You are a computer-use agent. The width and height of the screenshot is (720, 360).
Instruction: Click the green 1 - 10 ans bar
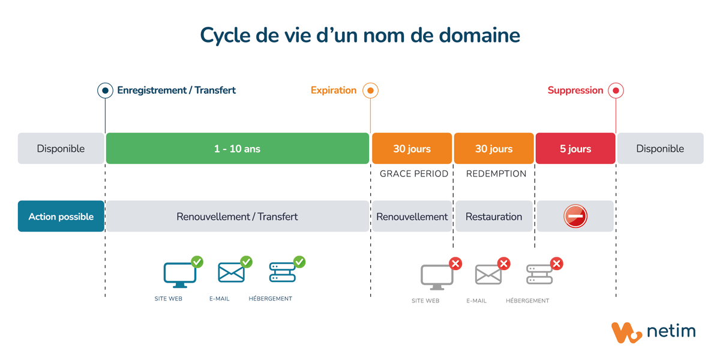[x=238, y=149]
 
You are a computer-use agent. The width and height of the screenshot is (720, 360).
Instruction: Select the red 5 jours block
[x=575, y=149]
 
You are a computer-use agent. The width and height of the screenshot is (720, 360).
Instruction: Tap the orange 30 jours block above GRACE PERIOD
[x=412, y=149]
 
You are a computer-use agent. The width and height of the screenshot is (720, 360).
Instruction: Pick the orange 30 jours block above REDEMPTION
[x=494, y=149]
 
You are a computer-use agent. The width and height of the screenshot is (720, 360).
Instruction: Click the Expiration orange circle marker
[x=370, y=91]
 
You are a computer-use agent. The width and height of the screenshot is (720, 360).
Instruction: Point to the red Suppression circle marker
[x=616, y=91]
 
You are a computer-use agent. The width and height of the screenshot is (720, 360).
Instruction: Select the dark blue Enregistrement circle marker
[x=105, y=91]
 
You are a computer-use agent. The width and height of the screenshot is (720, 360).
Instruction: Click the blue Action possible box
[x=61, y=217]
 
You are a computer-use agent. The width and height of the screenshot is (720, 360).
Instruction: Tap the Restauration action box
[x=494, y=217]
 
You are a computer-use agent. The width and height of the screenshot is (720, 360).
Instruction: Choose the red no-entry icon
[x=575, y=217]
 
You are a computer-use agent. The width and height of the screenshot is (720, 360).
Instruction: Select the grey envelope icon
[x=488, y=275]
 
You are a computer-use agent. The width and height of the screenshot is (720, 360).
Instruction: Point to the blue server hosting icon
[x=283, y=272]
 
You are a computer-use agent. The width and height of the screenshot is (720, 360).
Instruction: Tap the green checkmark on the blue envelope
[x=247, y=262]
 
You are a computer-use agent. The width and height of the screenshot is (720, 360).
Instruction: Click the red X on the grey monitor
[x=455, y=263]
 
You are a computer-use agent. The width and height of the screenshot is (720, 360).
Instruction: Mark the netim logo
[x=653, y=332]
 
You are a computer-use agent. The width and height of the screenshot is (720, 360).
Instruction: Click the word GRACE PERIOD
[x=414, y=174]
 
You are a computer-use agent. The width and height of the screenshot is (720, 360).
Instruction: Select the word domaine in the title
[x=479, y=35]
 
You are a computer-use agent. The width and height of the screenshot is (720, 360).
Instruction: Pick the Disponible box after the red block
[x=660, y=149]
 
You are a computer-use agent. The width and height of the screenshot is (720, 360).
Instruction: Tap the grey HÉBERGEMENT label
[x=527, y=301]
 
